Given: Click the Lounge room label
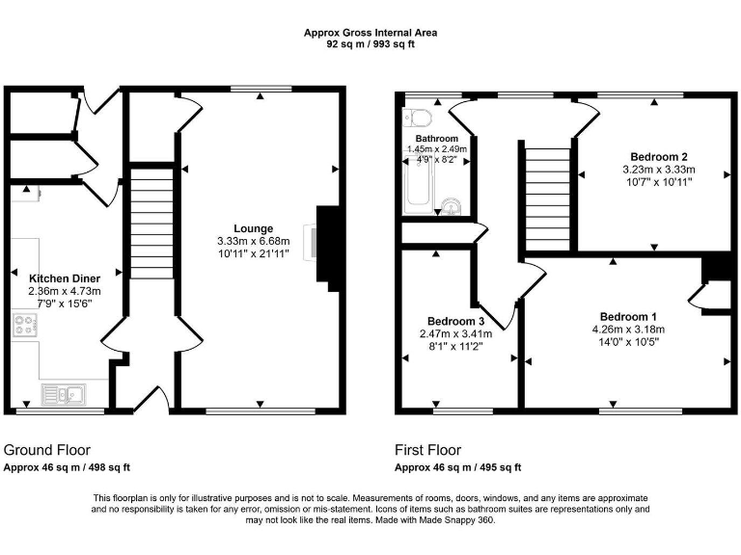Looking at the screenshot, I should click(x=259, y=228).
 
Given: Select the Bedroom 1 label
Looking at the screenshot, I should click(x=628, y=317).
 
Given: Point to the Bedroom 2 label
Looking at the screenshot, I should click(x=659, y=157).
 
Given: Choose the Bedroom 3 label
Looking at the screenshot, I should click(x=456, y=321).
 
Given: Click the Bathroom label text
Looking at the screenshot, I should click(x=436, y=139).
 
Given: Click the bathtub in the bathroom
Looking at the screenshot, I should click(x=418, y=186).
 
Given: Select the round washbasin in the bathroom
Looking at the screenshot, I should click(x=451, y=206).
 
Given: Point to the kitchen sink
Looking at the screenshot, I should click(x=63, y=393).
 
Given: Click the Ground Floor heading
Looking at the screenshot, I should click(x=47, y=450).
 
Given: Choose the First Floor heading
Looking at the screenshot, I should click(x=427, y=450).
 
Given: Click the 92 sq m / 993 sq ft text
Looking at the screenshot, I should click(x=370, y=43).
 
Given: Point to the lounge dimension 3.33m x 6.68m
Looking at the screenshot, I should click(x=259, y=241).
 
